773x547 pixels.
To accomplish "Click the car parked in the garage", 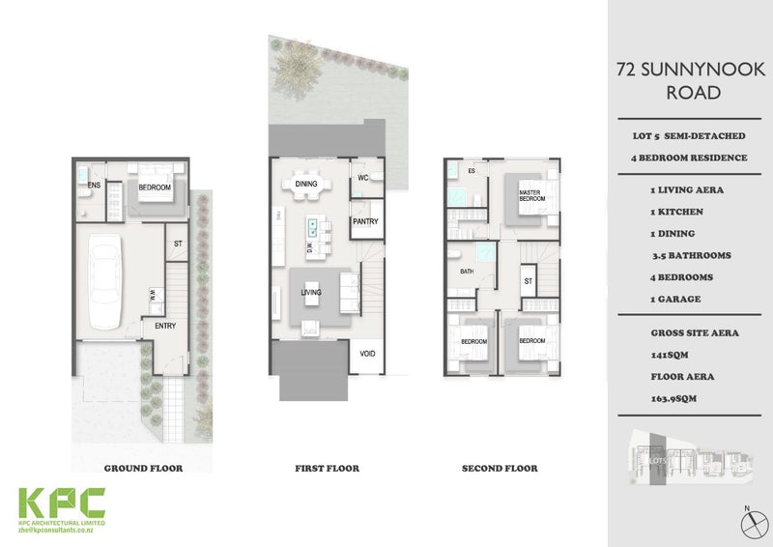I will pos(103,279).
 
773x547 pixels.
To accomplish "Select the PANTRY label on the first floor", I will pos(365,221).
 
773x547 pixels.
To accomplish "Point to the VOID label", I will pos(367,354).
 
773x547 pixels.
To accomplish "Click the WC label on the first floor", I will pos(364,179).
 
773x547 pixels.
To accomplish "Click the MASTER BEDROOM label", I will pos(531,196).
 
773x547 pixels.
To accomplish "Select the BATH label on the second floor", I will pos(466,273).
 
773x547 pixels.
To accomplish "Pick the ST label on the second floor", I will pos(528,282).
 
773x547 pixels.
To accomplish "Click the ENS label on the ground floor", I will pos(95,184).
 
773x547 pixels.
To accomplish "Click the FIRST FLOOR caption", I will pos(327,469).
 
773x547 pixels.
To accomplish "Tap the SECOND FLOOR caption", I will pos(500,469).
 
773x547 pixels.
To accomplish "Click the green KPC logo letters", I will pos(64,503).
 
